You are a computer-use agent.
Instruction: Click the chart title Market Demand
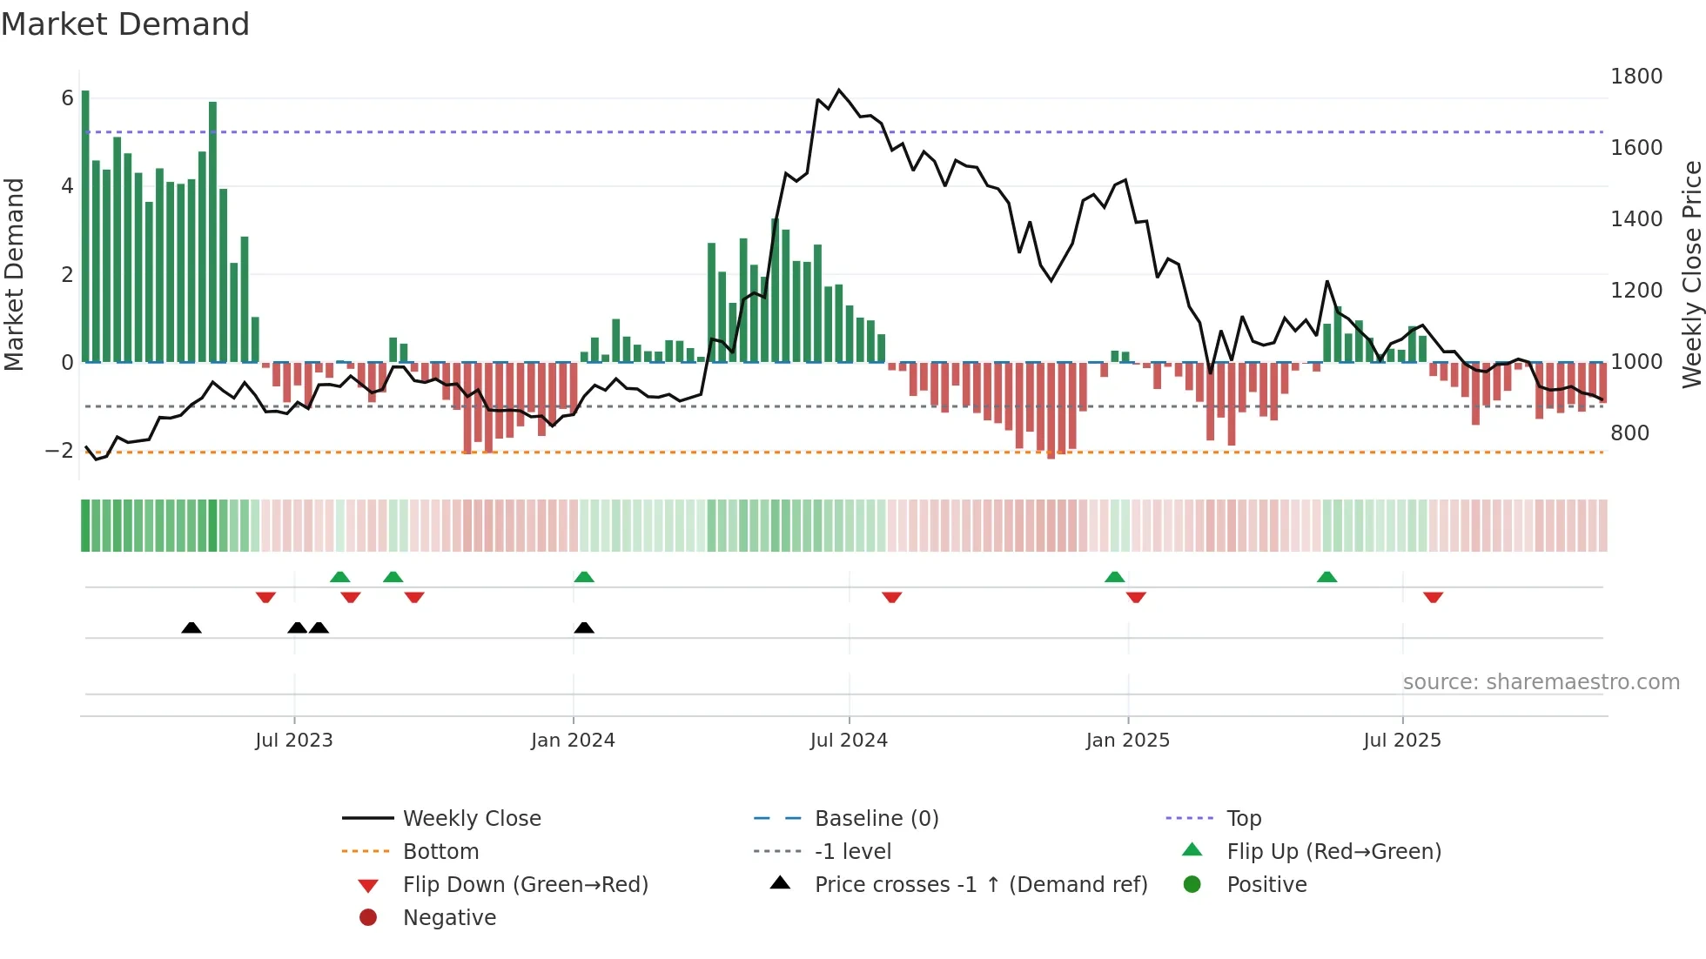coord(125,24)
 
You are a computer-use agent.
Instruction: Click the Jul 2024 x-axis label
coord(849,741)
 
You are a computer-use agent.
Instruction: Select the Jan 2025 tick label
coord(1127,741)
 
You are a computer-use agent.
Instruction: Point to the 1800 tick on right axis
coord(1635,77)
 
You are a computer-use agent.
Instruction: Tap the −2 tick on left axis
coord(59,451)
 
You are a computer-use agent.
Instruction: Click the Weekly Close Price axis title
coord(1691,274)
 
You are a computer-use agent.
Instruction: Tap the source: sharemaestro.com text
coord(1541,682)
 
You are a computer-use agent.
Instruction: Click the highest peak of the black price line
coord(839,90)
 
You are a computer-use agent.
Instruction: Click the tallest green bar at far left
coord(85,226)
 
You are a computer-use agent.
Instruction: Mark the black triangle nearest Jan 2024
coord(584,627)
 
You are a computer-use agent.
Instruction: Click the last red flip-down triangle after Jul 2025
coord(1433,597)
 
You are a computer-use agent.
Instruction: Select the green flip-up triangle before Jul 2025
coord(1327,577)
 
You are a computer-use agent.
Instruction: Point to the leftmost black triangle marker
coord(191,627)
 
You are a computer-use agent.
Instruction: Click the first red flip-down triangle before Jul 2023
coord(265,597)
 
